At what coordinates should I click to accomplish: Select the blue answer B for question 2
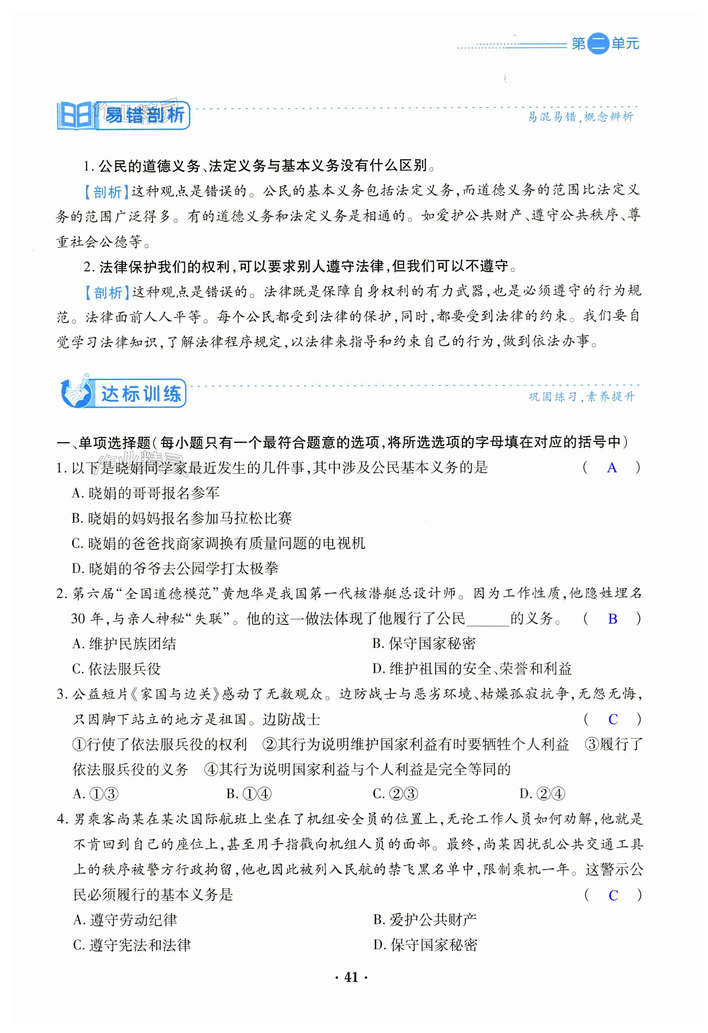click(613, 619)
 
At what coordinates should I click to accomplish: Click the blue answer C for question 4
click(613, 896)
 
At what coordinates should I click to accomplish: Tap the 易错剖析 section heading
click(143, 116)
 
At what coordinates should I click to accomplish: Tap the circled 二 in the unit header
click(598, 43)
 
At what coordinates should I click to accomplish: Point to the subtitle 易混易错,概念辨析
click(580, 117)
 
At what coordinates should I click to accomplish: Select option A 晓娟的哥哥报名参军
click(146, 493)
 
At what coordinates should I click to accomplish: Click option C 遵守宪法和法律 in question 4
click(132, 945)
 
